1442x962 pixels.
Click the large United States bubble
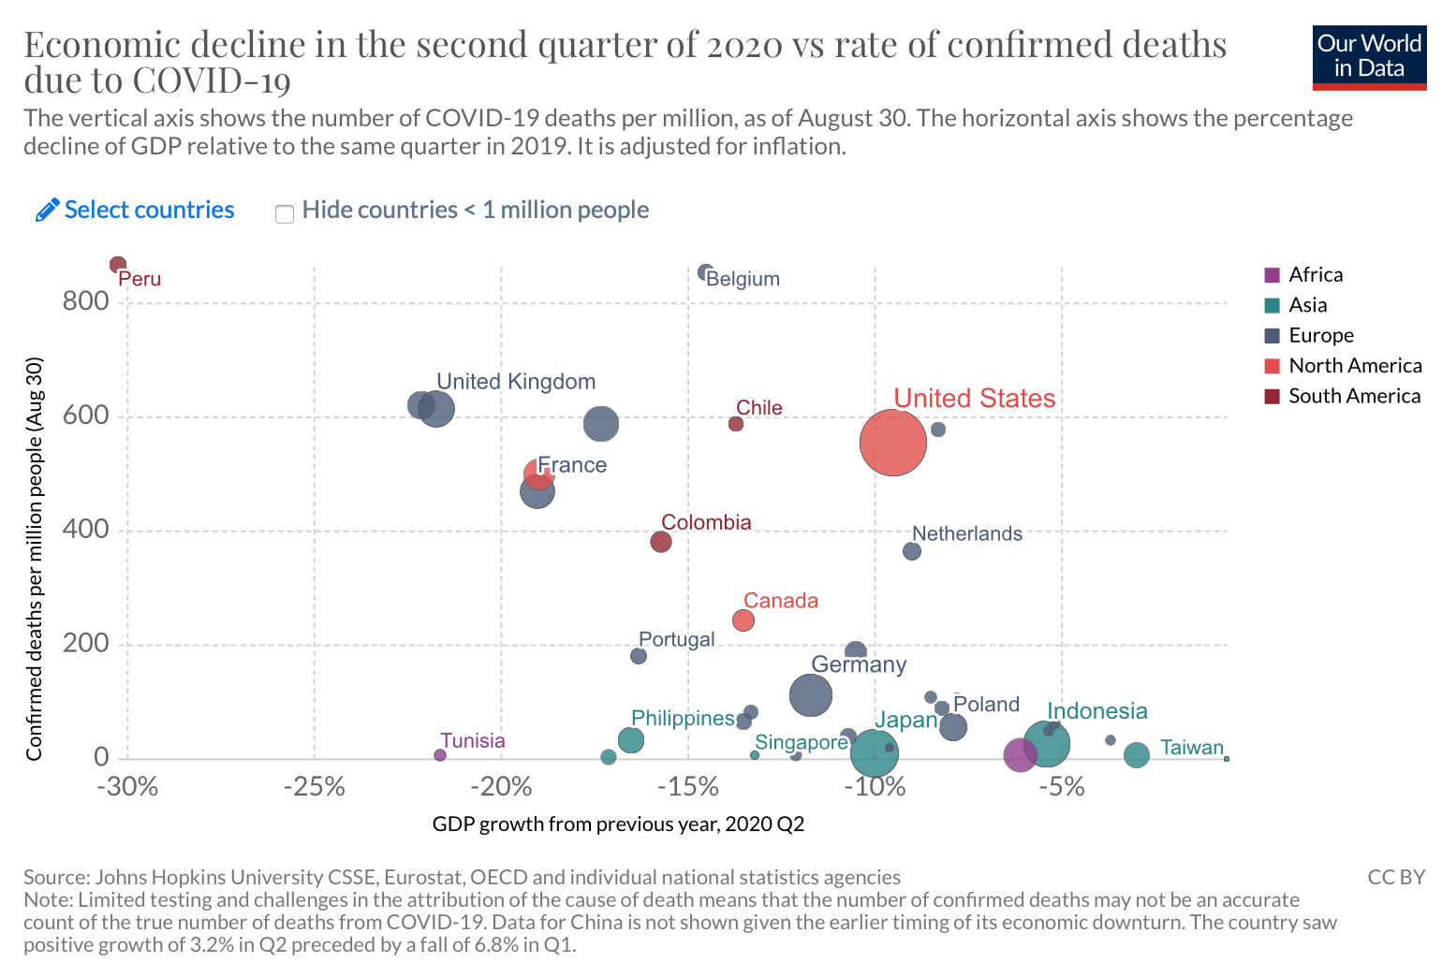click(x=892, y=443)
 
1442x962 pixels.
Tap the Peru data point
click(x=118, y=265)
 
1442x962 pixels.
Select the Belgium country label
click(x=743, y=279)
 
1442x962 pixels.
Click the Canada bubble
click(x=743, y=620)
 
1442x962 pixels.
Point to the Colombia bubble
click(x=661, y=542)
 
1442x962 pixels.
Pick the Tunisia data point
click(x=440, y=755)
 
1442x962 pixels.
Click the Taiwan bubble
click(x=1137, y=755)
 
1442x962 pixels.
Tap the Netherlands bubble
click(x=912, y=551)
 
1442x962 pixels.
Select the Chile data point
click(x=736, y=424)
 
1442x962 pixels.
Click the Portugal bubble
click(x=639, y=656)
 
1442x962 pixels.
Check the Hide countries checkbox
click(x=285, y=213)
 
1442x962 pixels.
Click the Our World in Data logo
click(x=1369, y=57)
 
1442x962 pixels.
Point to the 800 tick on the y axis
click(x=86, y=301)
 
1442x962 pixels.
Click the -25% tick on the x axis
click(x=315, y=787)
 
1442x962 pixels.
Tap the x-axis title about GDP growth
click(x=618, y=824)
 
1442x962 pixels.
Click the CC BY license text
click(x=1395, y=878)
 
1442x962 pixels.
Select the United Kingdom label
click(x=516, y=382)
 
